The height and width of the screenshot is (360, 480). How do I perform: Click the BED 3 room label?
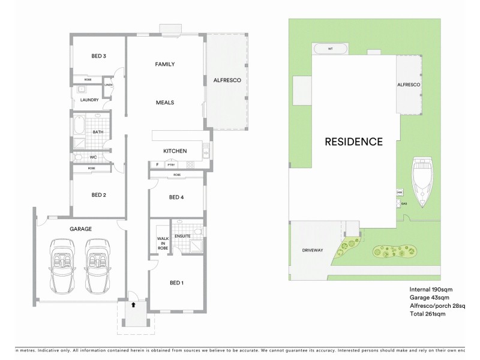99,56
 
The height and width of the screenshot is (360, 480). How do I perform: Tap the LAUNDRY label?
89,100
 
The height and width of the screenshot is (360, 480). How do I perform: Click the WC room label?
93,158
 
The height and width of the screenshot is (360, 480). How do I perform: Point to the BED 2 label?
99,195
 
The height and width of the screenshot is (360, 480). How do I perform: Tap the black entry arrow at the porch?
133,305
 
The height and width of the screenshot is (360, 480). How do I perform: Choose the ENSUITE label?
182,236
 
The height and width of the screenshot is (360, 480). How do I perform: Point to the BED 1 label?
176,283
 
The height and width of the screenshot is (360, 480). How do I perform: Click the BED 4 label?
176,197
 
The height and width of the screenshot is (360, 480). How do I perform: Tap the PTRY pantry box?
171,164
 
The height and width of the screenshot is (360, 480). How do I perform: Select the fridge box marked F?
157,164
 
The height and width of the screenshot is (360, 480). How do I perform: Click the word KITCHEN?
175,151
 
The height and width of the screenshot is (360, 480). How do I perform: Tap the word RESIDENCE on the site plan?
353,142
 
